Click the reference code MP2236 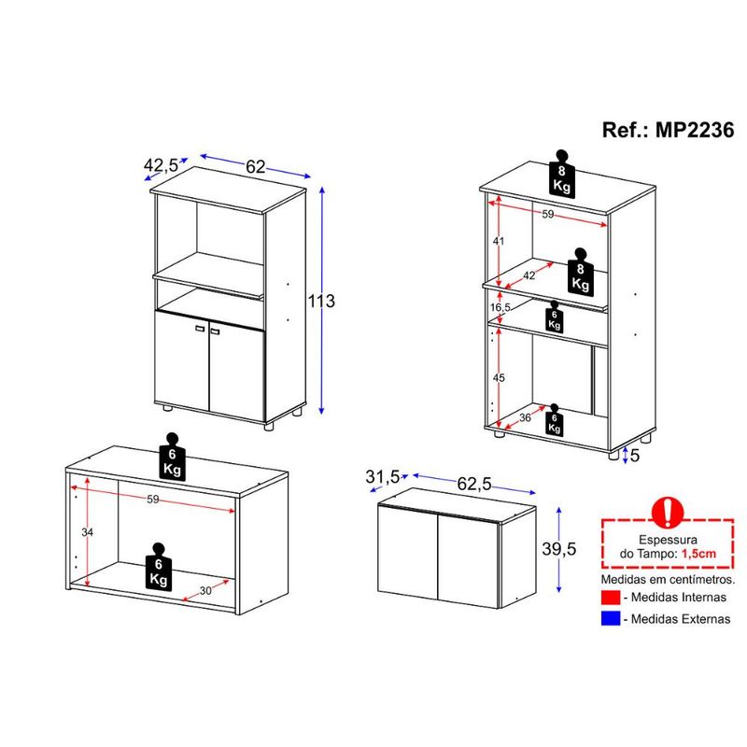(x=695, y=130)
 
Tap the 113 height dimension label (x=321, y=301)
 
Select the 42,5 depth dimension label (x=161, y=165)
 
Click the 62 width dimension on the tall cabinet (x=255, y=166)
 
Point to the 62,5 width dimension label (x=474, y=484)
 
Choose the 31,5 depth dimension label (x=382, y=476)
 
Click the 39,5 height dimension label (x=558, y=549)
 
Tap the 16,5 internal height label (x=500, y=307)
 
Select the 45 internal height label (x=499, y=378)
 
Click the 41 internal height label (x=499, y=241)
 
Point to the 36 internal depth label (x=525, y=417)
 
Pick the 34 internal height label (x=87, y=532)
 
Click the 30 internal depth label (x=205, y=591)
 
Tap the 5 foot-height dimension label (x=635, y=456)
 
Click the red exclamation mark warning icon (x=667, y=512)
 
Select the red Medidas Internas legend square (x=611, y=598)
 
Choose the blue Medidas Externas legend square (x=611, y=618)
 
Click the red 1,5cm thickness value (x=698, y=554)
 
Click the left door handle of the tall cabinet (x=200, y=329)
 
